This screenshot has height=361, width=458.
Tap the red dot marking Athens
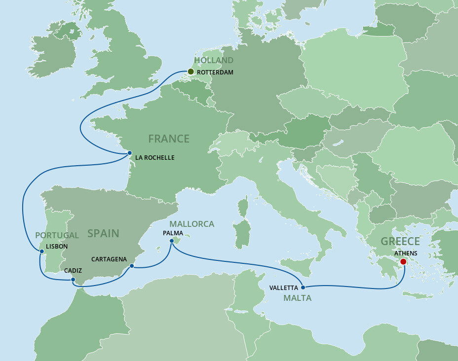click(403, 262)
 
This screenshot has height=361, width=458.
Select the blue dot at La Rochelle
click(129, 153)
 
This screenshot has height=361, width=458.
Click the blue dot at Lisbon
click(42, 252)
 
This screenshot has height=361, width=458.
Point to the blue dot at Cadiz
click(73, 280)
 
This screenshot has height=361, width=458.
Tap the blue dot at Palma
click(172, 241)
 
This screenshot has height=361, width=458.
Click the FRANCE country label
click(169, 139)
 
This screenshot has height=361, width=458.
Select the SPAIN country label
click(103, 233)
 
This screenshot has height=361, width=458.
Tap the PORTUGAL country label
click(57, 235)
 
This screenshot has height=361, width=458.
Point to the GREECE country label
click(400, 242)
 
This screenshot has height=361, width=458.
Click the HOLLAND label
click(214, 60)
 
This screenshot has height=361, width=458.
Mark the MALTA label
click(297, 298)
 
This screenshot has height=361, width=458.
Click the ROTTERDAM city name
click(215, 72)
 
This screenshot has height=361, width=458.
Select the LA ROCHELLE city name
click(154, 158)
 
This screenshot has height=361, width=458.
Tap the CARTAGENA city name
click(109, 259)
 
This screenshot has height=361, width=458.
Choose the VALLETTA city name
click(283, 288)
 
